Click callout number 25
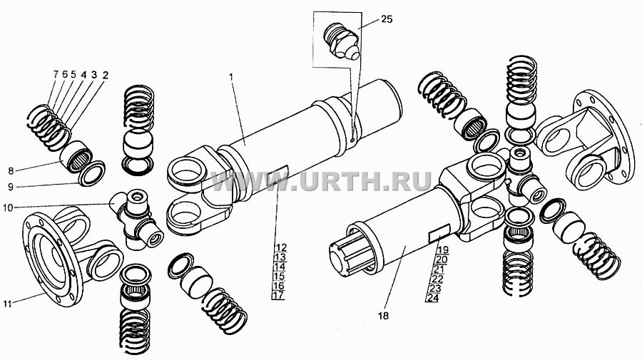(x=387, y=19)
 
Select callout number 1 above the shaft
(x=231, y=76)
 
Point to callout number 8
(x=11, y=170)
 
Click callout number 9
(x=11, y=187)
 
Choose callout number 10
(x=8, y=208)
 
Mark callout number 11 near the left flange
(x=7, y=304)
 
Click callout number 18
(x=384, y=316)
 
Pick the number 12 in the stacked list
(x=280, y=247)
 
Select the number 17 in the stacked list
(x=278, y=294)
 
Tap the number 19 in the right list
(x=442, y=250)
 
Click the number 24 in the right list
(x=432, y=298)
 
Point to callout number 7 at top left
(x=56, y=74)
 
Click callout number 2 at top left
(x=106, y=75)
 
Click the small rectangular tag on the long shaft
(x=277, y=175)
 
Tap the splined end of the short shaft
(x=348, y=255)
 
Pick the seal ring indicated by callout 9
(x=91, y=174)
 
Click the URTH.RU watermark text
(x=320, y=181)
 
